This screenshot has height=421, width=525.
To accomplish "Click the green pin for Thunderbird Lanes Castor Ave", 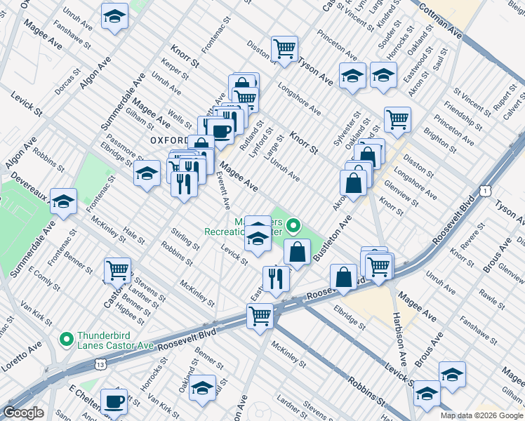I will pos(67,340).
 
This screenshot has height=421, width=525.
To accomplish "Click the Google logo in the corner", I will pos(24,413).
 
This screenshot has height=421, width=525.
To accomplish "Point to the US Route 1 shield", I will pos(485,190).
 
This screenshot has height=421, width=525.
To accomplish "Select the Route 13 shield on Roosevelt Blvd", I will pos(102,365).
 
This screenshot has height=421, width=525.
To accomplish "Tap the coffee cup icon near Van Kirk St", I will pos(113,402).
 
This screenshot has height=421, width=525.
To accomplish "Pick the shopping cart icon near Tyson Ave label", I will pos(284,48).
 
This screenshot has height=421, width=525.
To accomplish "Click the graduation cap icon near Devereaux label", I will pos(63,203).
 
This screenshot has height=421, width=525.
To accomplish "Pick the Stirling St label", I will pos(185,238).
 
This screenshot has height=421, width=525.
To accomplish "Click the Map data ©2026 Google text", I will pos(481,415).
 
